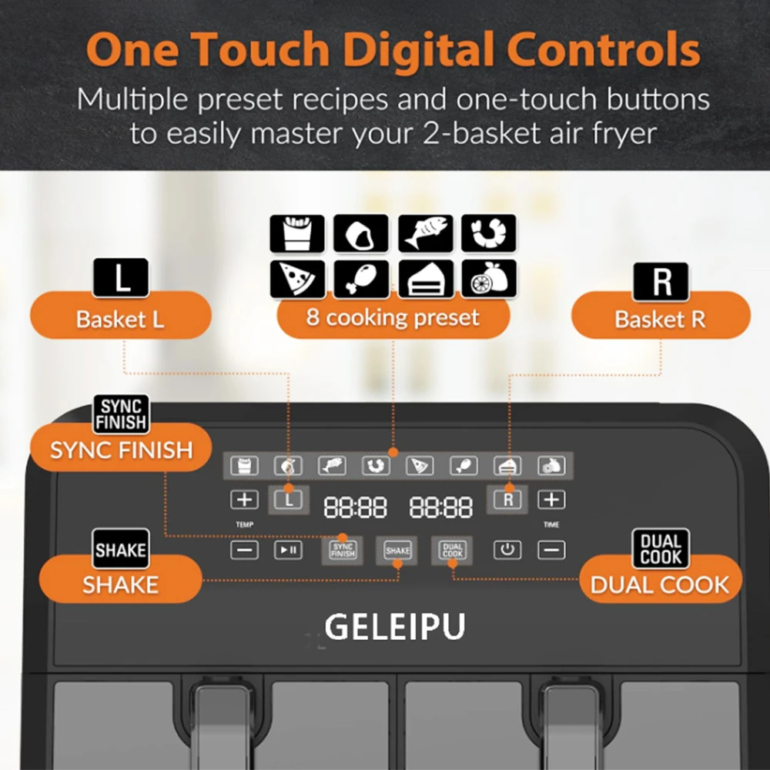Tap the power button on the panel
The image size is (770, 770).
507,550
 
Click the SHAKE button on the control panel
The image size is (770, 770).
397,551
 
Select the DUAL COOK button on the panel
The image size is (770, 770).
452,551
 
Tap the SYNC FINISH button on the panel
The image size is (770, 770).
343,551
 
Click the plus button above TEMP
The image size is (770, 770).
245,500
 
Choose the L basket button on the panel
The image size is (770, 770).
289,500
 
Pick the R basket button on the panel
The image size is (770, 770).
507,500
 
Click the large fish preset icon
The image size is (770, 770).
425,233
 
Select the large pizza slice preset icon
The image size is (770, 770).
297,279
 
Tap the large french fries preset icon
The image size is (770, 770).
297,233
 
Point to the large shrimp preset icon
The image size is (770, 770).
489,233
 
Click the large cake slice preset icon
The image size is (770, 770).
425,279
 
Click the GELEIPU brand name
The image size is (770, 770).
395,627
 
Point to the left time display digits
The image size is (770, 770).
355,507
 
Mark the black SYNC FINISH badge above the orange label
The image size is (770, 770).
122,414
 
